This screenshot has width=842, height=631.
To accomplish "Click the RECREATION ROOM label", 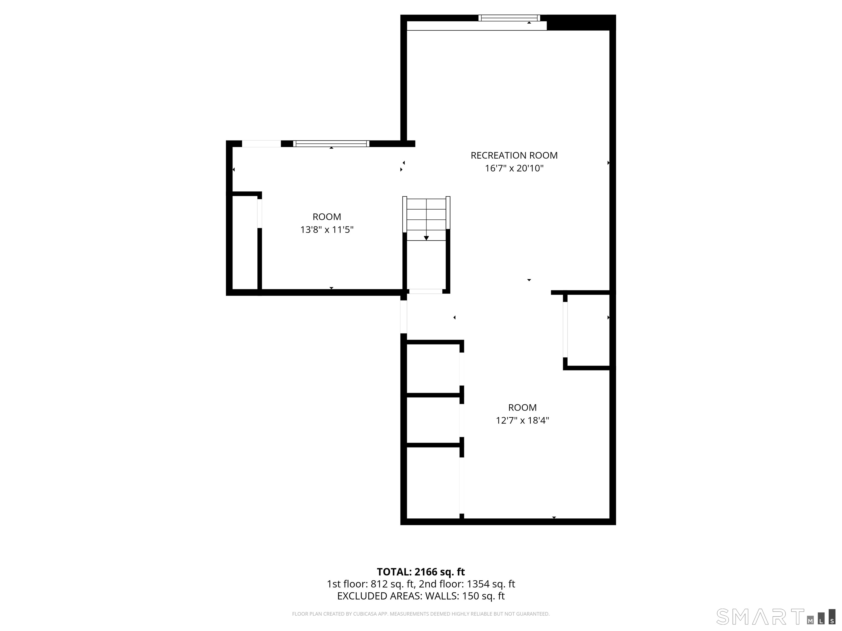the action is pos(514,155).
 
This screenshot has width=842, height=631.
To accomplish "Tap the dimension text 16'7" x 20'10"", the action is pos(514,168).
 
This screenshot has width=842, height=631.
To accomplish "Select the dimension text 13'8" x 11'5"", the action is pos(327,230).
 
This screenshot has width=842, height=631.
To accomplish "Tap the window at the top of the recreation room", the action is pos(509,18).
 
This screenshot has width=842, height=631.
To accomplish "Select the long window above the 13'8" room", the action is pos(331,144).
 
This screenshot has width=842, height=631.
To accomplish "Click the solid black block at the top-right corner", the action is pos(581,22).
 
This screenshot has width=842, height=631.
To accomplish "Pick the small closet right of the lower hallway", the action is pos(588,330).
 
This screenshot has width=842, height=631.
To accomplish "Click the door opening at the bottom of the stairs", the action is pos(426,291).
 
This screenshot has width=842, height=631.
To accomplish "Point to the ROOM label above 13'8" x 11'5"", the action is pos(327,217).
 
